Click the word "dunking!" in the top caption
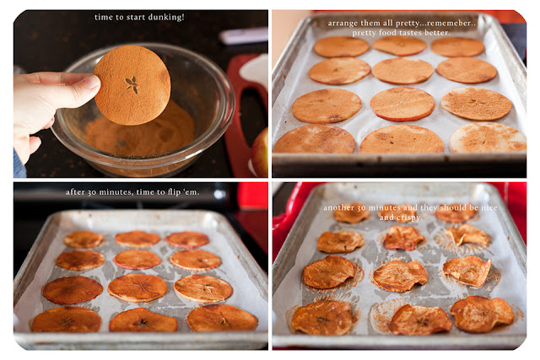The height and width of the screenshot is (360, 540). click(x=169, y=17)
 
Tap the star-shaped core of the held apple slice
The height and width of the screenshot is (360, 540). click(x=132, y=84)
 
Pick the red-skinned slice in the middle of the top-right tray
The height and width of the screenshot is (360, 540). click(x=402, y=104)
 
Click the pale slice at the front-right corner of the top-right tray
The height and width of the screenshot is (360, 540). click(x=488, y=137)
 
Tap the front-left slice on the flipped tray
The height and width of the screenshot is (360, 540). click(x=67, y=320)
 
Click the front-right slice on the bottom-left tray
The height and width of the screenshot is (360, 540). click(x=222, y=318)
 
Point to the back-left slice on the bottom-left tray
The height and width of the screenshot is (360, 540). click(x=84, y=239)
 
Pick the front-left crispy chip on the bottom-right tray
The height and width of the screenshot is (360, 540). click(x=322, y=318)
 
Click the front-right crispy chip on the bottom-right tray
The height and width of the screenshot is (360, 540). click(x=482, y=314)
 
